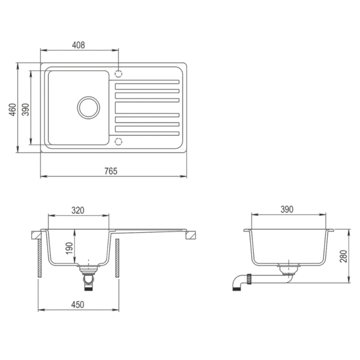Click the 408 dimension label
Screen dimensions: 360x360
(78, 44)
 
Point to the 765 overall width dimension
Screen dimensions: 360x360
(111, 171)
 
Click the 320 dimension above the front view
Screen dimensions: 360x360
(78, 210)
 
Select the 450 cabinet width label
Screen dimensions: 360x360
(77, 304)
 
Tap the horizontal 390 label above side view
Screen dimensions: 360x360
(287, 209)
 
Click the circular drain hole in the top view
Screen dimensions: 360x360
(89, 107)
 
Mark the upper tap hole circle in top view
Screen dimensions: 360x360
(118, 74)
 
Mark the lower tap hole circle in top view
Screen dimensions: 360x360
(118, 142)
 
